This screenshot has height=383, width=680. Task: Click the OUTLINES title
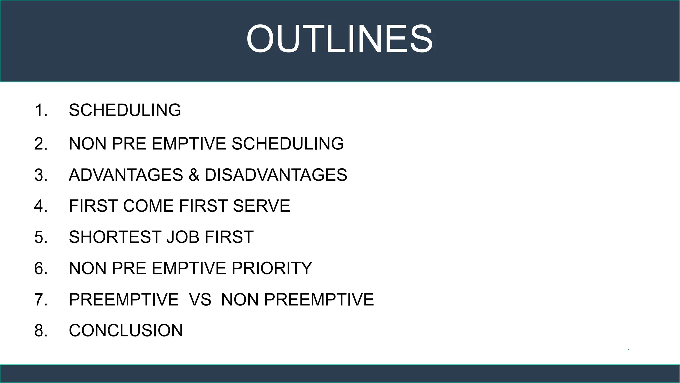(x=339, y=39)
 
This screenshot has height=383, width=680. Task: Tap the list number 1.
(x=41, y=110)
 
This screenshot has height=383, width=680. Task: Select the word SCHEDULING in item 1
(x=125, y=110)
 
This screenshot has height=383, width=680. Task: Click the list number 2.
(x=41, y=144)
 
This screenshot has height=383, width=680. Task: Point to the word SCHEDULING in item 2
(x=288, y=144)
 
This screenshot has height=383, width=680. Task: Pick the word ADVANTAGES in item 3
(x=126, y=175)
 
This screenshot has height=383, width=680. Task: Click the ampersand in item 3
(x=194, y=175)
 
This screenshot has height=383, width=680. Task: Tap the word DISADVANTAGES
(x=276, y=175)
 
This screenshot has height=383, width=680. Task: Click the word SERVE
(x=261, y=206)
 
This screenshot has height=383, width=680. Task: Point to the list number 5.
(x=41, y=237)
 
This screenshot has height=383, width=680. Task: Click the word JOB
(x=182, y=237)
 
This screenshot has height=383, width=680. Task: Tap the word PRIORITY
(x=272, y=268)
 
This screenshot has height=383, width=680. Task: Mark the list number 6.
(x=41, y=268)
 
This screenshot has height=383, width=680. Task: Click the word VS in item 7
(x=200, y=299)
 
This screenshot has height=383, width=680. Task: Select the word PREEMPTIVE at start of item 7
(x=124, y=299)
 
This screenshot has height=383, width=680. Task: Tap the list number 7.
(x=41, y=299)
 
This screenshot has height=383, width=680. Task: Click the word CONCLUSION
(x=126, y=330)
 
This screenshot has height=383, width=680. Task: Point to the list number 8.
(x=41, y=330)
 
